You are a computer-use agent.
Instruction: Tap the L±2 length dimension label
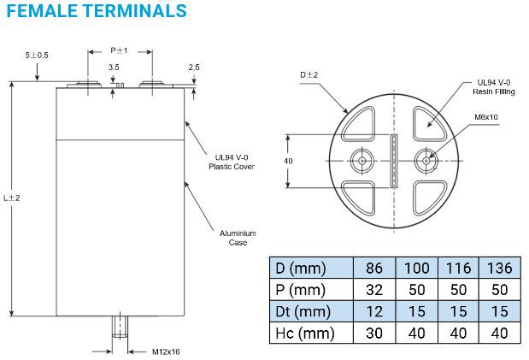tap(11, 198)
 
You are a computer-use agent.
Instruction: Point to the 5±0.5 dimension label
tap(37, 55)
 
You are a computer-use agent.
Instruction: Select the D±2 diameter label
tap(309, 75)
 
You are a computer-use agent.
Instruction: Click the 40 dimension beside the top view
tap(289, 161)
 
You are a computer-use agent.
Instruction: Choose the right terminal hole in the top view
tap(425, 160)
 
